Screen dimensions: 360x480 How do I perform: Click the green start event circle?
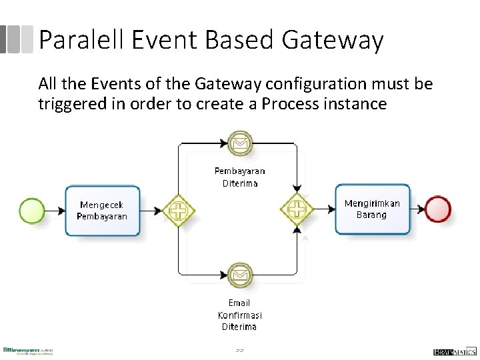point(32,211)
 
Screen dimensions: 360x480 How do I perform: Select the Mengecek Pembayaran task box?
point(102,211)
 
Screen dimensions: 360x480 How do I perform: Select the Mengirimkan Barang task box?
point(372,209)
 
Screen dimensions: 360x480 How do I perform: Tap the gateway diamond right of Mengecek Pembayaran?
point(179,211)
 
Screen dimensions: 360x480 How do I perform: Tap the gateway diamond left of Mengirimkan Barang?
point(296,209)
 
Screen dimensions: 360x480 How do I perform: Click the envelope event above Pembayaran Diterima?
point(239,143)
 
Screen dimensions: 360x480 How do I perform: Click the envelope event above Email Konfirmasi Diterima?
point(239,274)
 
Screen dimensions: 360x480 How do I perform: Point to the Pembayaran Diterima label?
point(239,177)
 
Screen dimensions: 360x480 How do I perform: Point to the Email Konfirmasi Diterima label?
point(239,315)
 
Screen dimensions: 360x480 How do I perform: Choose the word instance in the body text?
point(354,104)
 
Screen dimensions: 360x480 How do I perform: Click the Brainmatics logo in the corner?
point(455,351)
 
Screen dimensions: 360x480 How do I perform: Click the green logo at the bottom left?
point(28,351)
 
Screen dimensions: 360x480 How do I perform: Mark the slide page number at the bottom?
point(239,351)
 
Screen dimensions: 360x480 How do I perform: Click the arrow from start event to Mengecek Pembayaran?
point(55,211)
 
